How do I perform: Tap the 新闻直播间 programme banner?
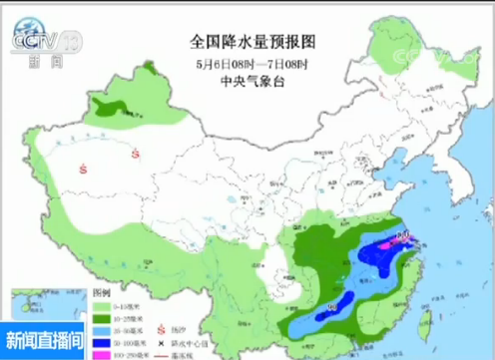click(x=45, y=337)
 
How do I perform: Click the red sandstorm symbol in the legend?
click(x=161, y=329)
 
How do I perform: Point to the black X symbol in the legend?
click(x=161, y=342)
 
